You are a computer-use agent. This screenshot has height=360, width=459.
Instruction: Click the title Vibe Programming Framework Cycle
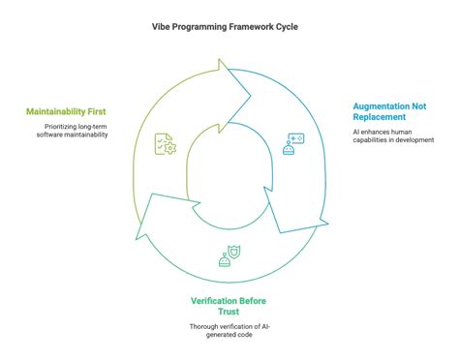[229, 27]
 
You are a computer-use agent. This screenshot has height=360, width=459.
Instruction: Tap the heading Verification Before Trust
[230, 306]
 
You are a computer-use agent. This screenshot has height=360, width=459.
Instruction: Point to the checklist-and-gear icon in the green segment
[164, 145]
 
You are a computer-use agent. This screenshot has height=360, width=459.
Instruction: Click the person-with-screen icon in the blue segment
[291, 144]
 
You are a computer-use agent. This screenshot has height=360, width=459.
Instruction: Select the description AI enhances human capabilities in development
[392, 135]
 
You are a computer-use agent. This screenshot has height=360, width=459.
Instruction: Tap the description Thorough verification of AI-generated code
[230, 331]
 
